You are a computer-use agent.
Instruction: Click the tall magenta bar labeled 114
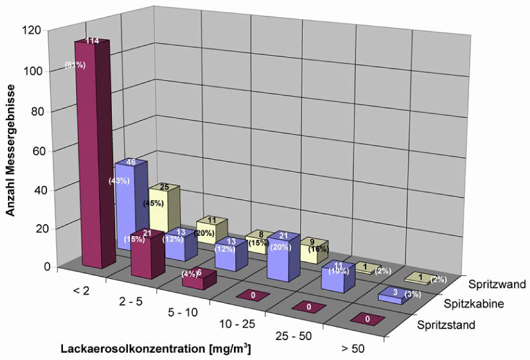[x=91, y=152]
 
